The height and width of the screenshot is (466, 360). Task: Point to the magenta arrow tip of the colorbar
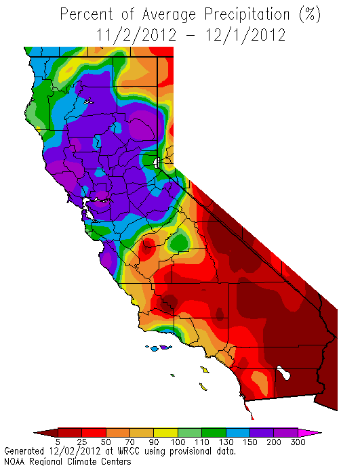pyautogui.click(x=313, y=432)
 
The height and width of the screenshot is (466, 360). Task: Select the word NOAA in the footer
pyautogui.click(x=16, y=461)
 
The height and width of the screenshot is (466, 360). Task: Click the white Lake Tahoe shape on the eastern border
pyautogui.click(x=157, y=163)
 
